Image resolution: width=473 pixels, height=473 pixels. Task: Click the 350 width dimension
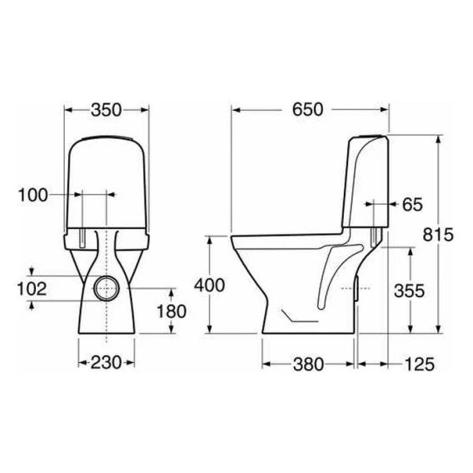pos(107,110)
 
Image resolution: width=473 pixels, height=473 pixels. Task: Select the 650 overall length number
pos(307,109)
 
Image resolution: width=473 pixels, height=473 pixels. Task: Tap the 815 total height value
pos(438,235)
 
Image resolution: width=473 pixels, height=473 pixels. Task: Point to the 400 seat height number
pos(209,286)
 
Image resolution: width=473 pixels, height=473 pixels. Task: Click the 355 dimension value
pos(410,291)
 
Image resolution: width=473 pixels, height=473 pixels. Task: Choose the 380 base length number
pos(308,364)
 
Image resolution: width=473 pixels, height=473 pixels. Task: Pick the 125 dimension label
pos(420,364)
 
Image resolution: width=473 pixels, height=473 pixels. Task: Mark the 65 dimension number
pos(413,205)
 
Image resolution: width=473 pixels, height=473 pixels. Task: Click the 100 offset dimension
pos(32,195)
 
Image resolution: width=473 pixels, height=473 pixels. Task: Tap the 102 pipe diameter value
pos(32,289)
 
